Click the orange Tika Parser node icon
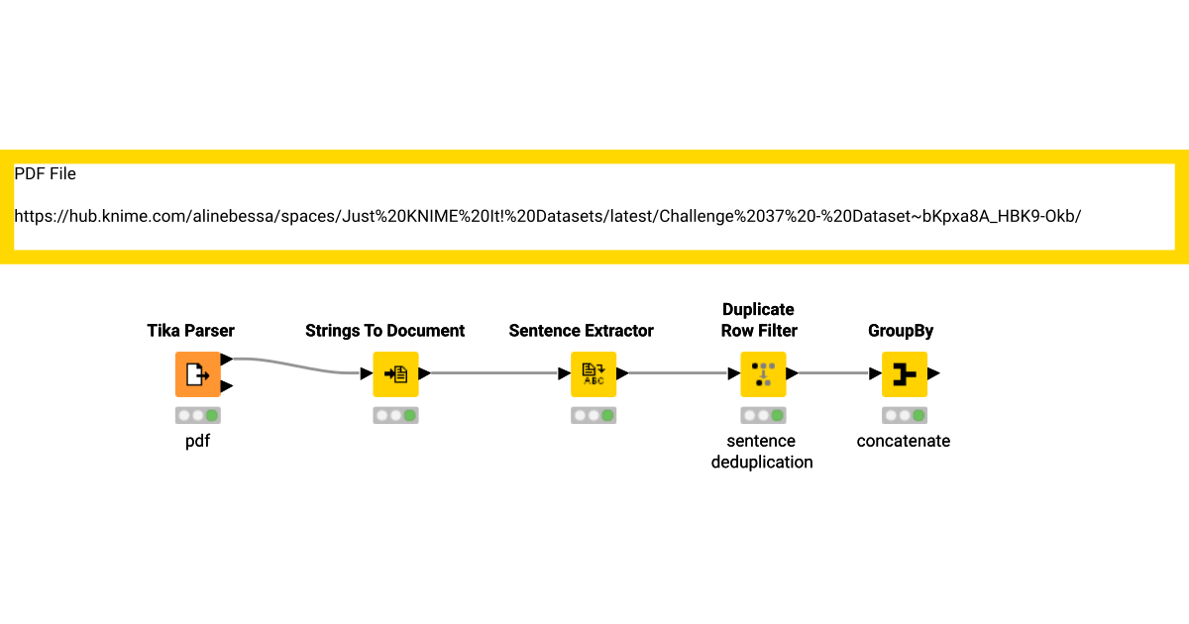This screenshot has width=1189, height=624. pyautogui.click(x=197, y=374)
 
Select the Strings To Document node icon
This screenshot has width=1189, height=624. pyautogui.click(x=395, y=374)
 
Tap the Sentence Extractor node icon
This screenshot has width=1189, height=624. pyautogui.click(x=594, y=374)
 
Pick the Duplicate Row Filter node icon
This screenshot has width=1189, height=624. pyautogui.click(x=763, y=374)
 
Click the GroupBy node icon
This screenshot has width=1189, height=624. pyautogui.click(x=904, y=374)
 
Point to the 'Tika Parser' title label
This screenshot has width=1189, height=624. pyautogui.click(x=191, y=331)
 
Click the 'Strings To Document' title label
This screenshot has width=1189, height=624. pyautogui.click(x=384, y=331)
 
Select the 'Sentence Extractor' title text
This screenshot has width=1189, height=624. pyautogui.click(x=582, y=331)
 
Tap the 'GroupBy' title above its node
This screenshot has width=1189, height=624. pyautogui.click(x=901, y=331)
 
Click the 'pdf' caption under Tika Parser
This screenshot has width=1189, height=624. pyautogui.click(x=198, y=442)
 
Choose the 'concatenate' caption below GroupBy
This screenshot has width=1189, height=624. pyautogui.click(x=904, y=442)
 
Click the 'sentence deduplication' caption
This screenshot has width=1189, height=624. pyautogui.click(x=761, y=452)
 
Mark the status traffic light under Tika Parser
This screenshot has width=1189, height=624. pyautogui.click(x=198, y=416)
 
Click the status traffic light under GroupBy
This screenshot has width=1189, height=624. pyautogui.click(x=905, y=416)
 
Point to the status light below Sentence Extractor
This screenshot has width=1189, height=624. pyautogui.click(x=594, y=416)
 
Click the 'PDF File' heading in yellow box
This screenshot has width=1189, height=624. pyautogui.click(x=45, y=174)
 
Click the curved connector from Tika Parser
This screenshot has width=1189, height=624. pyautogui.click(x=297, y=364)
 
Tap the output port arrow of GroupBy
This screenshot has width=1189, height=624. pyautogui.click(x=933, y=374)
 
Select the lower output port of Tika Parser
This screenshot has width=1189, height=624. pyautogui.click(x=227, y=386)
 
